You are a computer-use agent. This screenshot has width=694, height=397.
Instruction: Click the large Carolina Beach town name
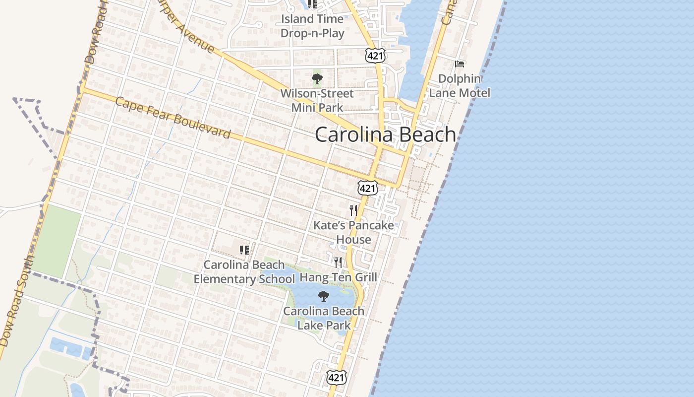click(x=385, y=134)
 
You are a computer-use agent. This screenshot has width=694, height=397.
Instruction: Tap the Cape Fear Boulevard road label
click(x=173, y=118)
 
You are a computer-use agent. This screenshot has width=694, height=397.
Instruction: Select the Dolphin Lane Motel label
click(x=460, y=86)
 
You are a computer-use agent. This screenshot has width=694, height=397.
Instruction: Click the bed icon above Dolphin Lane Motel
click(x=460, y=64)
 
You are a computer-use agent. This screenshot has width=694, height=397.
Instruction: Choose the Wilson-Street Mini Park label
click(x=317, y=100)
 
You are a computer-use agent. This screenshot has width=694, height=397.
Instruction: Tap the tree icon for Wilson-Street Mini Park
click(x=317, y=78)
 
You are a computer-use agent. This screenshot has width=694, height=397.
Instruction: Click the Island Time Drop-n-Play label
click(x=312, y=26)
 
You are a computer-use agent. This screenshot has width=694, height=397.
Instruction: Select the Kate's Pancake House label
click(x=353, y=232)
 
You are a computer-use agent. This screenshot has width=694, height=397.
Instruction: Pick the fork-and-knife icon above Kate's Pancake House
click(x=353, y=210)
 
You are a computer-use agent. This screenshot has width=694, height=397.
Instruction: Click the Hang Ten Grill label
click(x=339, y=277)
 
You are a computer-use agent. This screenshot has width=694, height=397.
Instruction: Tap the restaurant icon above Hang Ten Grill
click(x=338, y=262)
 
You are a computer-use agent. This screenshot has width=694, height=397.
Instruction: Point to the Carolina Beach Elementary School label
click(x=244, y=272)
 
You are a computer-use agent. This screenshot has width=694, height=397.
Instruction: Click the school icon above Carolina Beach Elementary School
click(x=244, y=250)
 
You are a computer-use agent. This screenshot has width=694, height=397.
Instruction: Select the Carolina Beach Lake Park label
click(x=324, y=318)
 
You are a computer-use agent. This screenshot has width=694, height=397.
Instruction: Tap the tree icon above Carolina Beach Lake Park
click(x=324, y=296)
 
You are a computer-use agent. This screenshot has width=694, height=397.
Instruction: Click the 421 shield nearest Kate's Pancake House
click(x=367, y=188)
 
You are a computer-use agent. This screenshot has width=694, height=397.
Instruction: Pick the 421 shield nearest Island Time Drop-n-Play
click(x=375, y=56)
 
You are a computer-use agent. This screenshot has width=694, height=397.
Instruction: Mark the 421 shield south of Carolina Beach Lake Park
click(x=336, y=378)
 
